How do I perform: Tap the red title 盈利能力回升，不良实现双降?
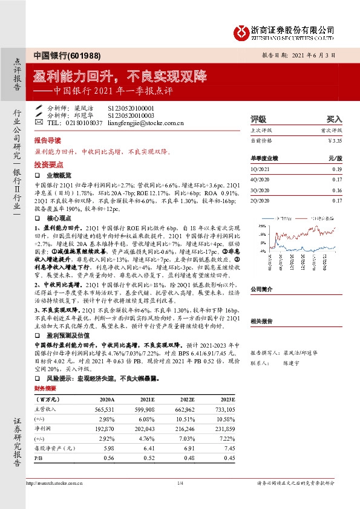(x=120, y=77)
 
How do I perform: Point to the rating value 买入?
(x=334, y=119)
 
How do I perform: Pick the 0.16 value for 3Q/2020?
(x=337, y=190)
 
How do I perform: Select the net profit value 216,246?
(x=184, y=429)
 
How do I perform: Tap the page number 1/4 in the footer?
(x=180, y=482)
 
